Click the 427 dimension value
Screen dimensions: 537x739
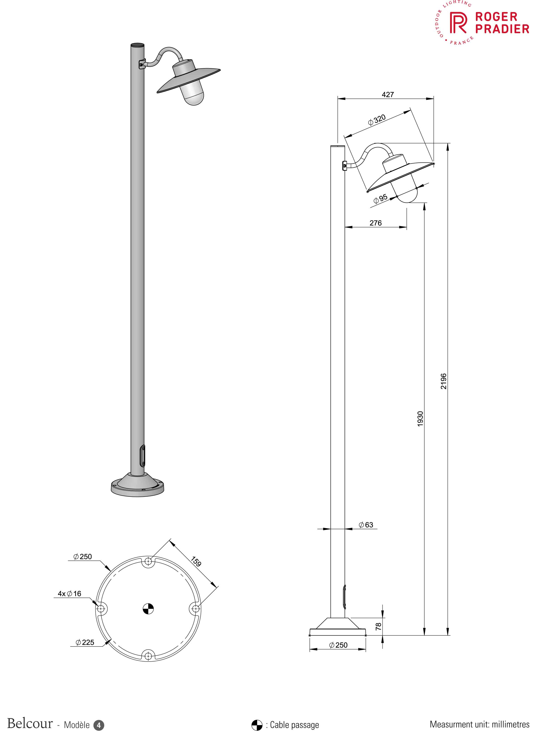(388, 94)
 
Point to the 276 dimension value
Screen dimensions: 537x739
(376, 223)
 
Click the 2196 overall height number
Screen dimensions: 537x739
(443, 381)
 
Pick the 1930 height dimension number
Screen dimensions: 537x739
(420, 419)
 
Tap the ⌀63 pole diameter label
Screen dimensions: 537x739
(366, 525)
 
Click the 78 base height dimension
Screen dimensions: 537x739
(378, 626)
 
